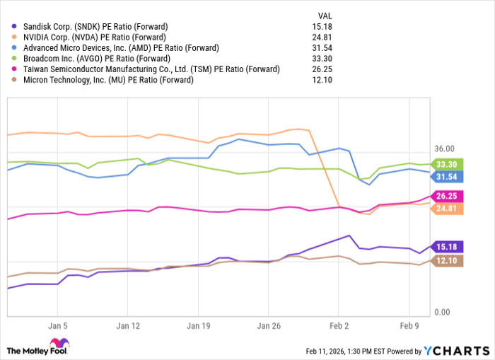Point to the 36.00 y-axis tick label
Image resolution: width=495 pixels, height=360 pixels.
tap(444, 149)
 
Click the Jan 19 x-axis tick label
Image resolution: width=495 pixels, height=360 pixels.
tap(198, 327)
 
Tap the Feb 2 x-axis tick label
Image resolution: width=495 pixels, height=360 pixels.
tap(339, 327)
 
